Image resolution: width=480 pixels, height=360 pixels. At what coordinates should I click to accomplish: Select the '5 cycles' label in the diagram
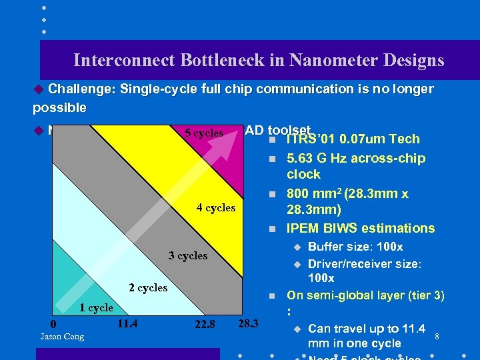point(203,133)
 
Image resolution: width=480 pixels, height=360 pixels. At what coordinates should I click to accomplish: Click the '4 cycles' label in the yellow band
point(215,207)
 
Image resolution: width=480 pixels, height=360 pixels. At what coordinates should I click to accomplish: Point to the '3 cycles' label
point(187,255)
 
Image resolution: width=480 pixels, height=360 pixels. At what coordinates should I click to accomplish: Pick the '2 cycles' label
point(147,287)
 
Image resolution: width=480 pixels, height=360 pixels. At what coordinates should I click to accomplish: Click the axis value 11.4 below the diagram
point(127,324)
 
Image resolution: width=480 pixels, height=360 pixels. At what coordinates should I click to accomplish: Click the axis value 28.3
point(247,324)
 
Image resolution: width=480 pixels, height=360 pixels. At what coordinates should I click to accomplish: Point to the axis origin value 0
point(54,324)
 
